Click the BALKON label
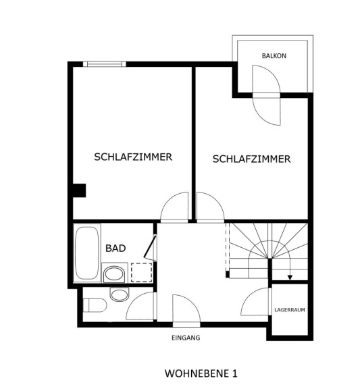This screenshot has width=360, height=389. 274,56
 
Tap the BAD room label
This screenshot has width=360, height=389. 115,248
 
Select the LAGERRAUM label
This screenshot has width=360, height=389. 290,310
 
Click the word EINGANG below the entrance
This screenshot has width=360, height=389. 186,338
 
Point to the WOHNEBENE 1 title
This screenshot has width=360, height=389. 201,373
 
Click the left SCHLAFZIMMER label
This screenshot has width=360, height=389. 133,157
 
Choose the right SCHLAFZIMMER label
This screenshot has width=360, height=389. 251,159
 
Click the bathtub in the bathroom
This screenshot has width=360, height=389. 87,253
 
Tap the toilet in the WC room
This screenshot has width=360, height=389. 95,305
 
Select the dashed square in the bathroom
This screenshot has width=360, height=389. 141,272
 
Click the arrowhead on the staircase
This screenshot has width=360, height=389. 290,278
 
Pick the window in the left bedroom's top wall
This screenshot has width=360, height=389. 105,64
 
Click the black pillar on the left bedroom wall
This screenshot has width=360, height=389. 80,190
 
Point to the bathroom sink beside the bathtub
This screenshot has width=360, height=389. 114,274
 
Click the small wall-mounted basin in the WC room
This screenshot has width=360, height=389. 120,294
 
